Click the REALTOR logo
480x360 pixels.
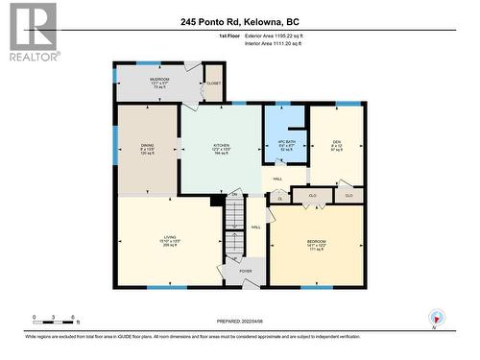(x=32, y=32)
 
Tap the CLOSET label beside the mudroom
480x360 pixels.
(x=213, y=84)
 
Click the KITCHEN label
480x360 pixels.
(x=221, y=148)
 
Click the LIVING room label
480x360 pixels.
(x=169, y=241)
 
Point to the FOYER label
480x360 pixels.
(x=245, y=271)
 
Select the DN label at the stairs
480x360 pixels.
(x=233, y=196)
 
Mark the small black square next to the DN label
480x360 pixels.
(x=217, y=200)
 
